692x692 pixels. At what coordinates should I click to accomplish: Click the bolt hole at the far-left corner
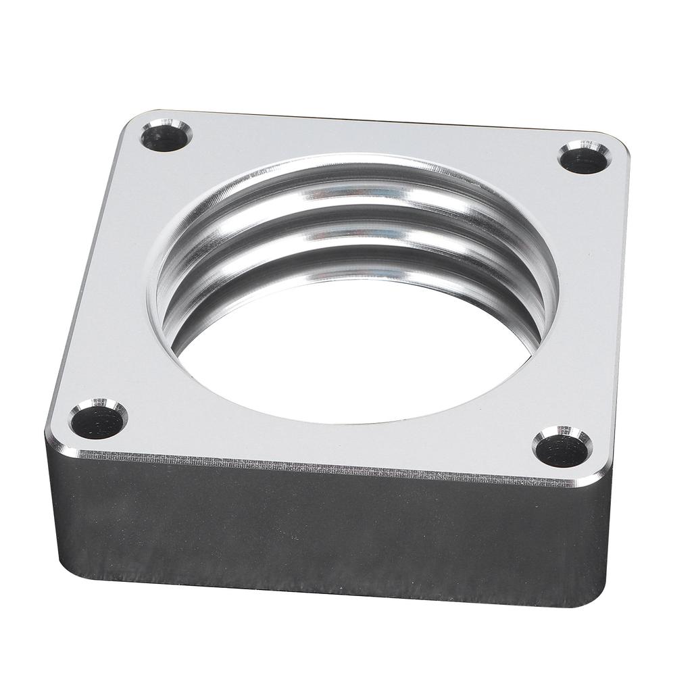pyautogui.click(x=166, y=137)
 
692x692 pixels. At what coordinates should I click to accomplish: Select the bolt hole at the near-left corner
pyautogui.click(x=99, y=421)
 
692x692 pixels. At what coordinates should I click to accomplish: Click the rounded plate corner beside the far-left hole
pyautogui.click(x=132, y=122)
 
